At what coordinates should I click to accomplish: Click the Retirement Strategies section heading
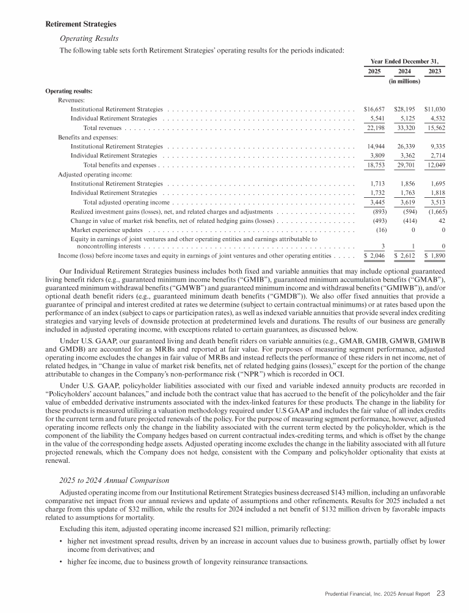pos(81,24)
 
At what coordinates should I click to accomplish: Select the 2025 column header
pos(373,71)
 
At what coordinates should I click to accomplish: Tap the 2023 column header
pos(435,71)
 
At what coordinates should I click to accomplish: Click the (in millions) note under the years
pos(404,81)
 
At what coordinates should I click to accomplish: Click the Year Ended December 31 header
pos(404,61)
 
